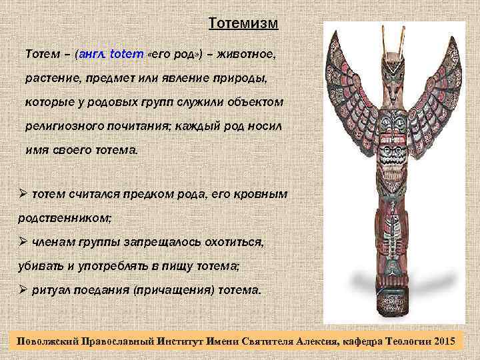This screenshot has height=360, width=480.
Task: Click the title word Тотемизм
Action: click(243, 24)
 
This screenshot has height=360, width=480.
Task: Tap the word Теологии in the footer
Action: click(407, 341)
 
